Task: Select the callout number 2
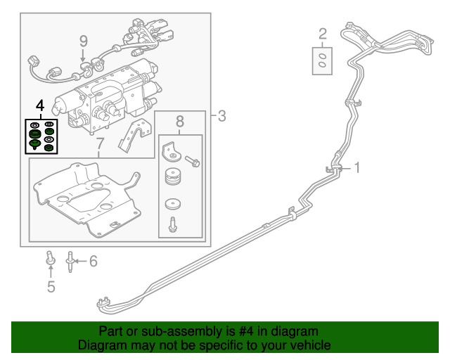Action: click(x=323, y=33)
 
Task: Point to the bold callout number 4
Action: click(x=39, y=105)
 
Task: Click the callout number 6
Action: click(x=93, y=262)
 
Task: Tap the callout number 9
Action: click(x=83, y=40)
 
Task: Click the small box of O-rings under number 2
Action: click(x=322, y=60)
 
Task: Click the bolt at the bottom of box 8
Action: click(x=172, y=225)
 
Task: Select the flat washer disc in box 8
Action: click(x=172, y=205)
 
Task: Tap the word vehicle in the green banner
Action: click(x=307, y=345)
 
